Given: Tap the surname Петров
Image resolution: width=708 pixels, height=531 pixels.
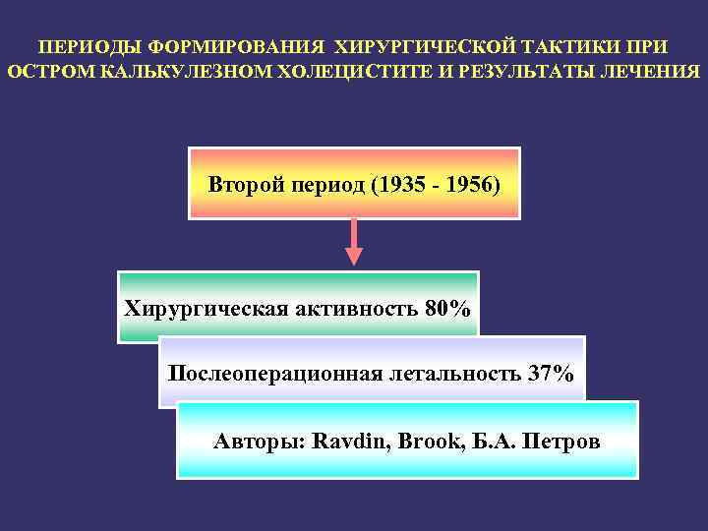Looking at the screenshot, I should (x=561, y=441).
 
